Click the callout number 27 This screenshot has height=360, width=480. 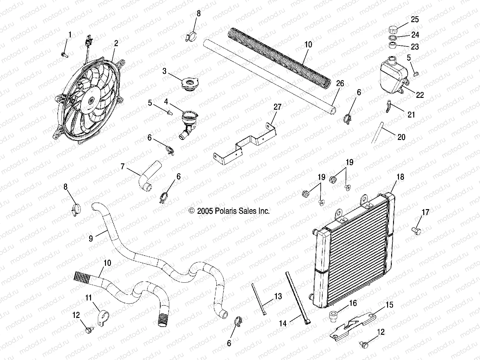pyautogui.click(x=277, y=107)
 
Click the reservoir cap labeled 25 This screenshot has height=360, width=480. pyautogui.click(x=393, y=30)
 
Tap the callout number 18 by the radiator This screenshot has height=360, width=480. pyautogui.click(x=400, y=177)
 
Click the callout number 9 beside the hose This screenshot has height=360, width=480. pyautogui.click(x=91, y=239)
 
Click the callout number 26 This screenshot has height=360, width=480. pyautogui.click(x=340, y=84)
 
